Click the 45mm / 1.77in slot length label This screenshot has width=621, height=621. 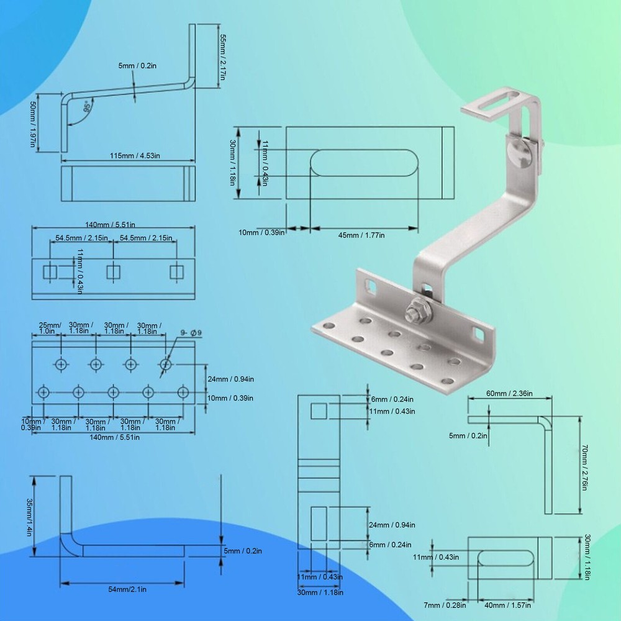pyautogui.click(x=361, y=235)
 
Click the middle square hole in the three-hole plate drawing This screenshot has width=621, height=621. pyautogui.click(x=113, y=271)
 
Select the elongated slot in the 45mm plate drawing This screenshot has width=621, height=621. pyautogui.click(x=363, y=163)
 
